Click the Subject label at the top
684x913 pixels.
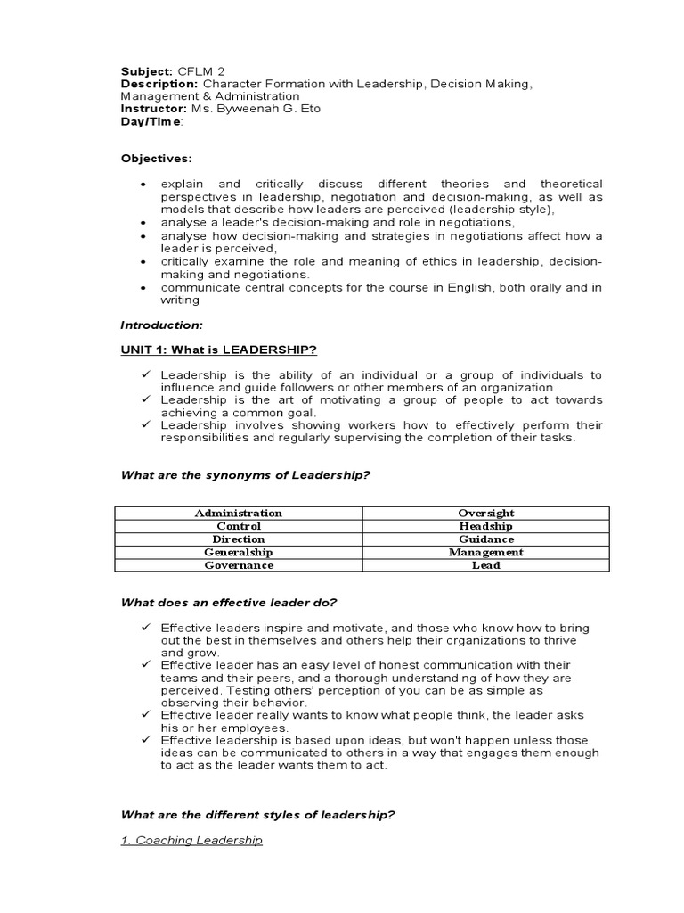[x=146, y=70]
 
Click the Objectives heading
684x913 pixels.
[x=156, y=159]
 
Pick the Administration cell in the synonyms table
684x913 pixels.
[x=238, y=513]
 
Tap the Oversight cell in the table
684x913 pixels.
[x=485, y=513]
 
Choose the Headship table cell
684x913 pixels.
[x=485, y=526]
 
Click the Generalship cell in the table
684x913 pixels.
[x=238, y=552]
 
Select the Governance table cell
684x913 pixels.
[x=238, y=565]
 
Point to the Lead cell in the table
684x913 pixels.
[x=485, y=565]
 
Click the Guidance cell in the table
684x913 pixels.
[x=485, y=539]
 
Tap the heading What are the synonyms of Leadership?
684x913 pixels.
[x=245, y=475]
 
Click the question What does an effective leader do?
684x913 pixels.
[x=229, y=603]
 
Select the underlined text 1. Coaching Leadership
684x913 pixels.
[x=191, y=841]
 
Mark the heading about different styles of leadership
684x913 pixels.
[x=257, y=815]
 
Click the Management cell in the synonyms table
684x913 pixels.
[x=485, y=552]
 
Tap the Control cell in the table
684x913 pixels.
[x=238, y=526]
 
